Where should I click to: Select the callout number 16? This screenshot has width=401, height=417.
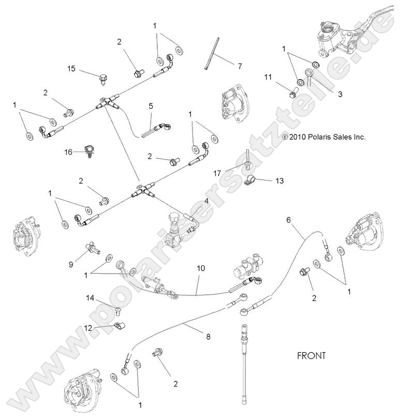pos(68,152)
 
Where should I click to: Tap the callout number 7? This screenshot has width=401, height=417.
pos(239,66)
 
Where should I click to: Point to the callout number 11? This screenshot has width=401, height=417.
pos(268,77)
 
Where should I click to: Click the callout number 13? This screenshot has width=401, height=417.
pos(279,181)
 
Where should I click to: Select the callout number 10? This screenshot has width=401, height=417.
pos(201,268)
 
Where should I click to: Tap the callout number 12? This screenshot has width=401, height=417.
pos(87,327)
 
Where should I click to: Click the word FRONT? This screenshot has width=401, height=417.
pos(311,356)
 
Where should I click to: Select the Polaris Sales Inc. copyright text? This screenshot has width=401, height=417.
pos(323,137)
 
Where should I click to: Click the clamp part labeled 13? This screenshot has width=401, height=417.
pos(253,181)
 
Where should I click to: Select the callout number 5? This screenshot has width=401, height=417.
pos(151,106)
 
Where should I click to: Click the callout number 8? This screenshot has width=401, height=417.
pos(208,336)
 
